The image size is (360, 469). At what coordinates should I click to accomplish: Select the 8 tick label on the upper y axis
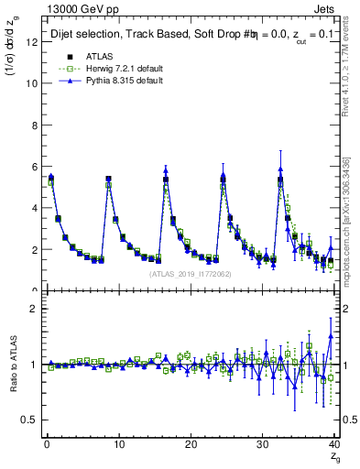(x=32, y=125)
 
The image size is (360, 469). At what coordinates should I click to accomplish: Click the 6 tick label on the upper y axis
(x=32, y=166)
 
